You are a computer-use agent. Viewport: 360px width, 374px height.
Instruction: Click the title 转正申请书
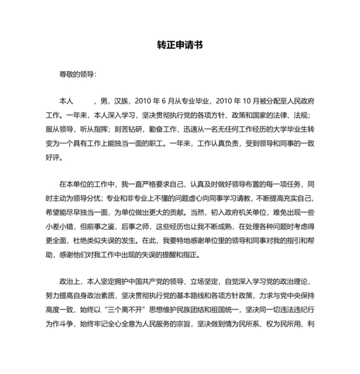click(x=180, y=46)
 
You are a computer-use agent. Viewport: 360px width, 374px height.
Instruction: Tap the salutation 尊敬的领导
click(x=76, y=75)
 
